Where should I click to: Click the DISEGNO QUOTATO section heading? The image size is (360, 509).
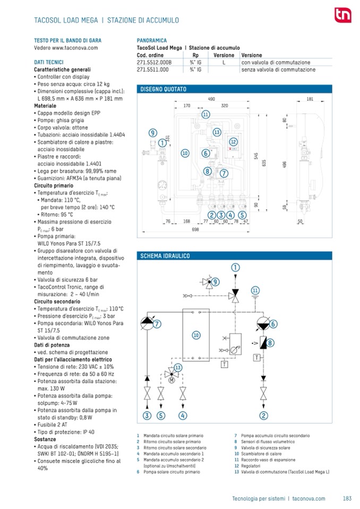163,89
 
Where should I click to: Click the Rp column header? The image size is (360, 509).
195,55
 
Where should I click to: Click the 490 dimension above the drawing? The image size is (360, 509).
211,99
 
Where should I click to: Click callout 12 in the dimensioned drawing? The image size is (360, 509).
233,142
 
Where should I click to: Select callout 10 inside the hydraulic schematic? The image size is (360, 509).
196,335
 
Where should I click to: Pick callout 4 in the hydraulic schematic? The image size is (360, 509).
183,415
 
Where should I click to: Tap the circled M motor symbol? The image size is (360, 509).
172,380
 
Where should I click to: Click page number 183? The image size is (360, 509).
348,498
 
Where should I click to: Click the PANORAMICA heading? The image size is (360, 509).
151,40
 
